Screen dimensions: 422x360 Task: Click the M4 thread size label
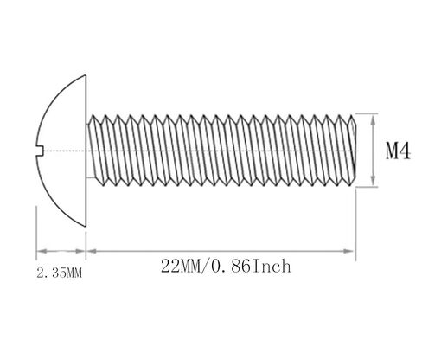(398, 151)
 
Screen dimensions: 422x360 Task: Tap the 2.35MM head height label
(60, 273)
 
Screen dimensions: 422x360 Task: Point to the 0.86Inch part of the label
(251, 266)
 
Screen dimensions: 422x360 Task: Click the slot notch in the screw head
(40, 151)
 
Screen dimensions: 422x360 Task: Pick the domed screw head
(61, 151)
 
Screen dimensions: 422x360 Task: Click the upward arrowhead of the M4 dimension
(373, 119)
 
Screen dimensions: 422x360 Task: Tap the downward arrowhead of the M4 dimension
(373, 180)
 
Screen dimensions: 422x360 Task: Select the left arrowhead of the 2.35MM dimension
(42, 251)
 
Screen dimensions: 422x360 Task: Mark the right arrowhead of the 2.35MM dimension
(80, 251)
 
